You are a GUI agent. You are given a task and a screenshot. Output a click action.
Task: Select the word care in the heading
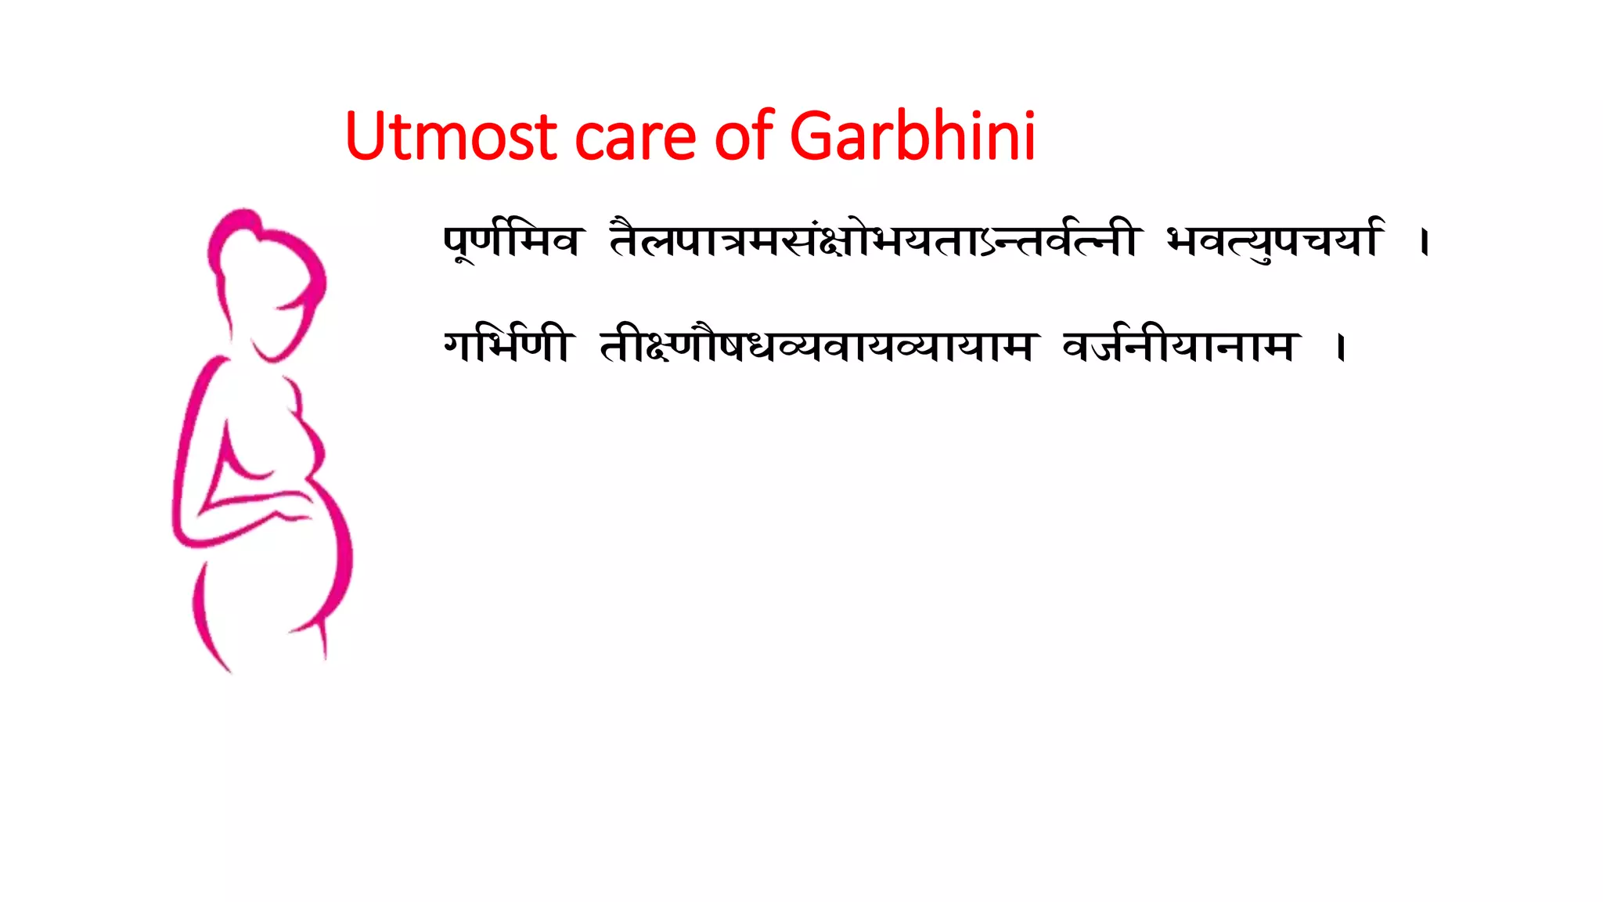[635, 138]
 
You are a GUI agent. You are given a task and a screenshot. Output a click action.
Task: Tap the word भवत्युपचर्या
[1274, 240]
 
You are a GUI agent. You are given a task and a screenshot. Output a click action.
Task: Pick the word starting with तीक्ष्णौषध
[818, 346]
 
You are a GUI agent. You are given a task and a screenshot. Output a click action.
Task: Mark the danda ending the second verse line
[1342, 348]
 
